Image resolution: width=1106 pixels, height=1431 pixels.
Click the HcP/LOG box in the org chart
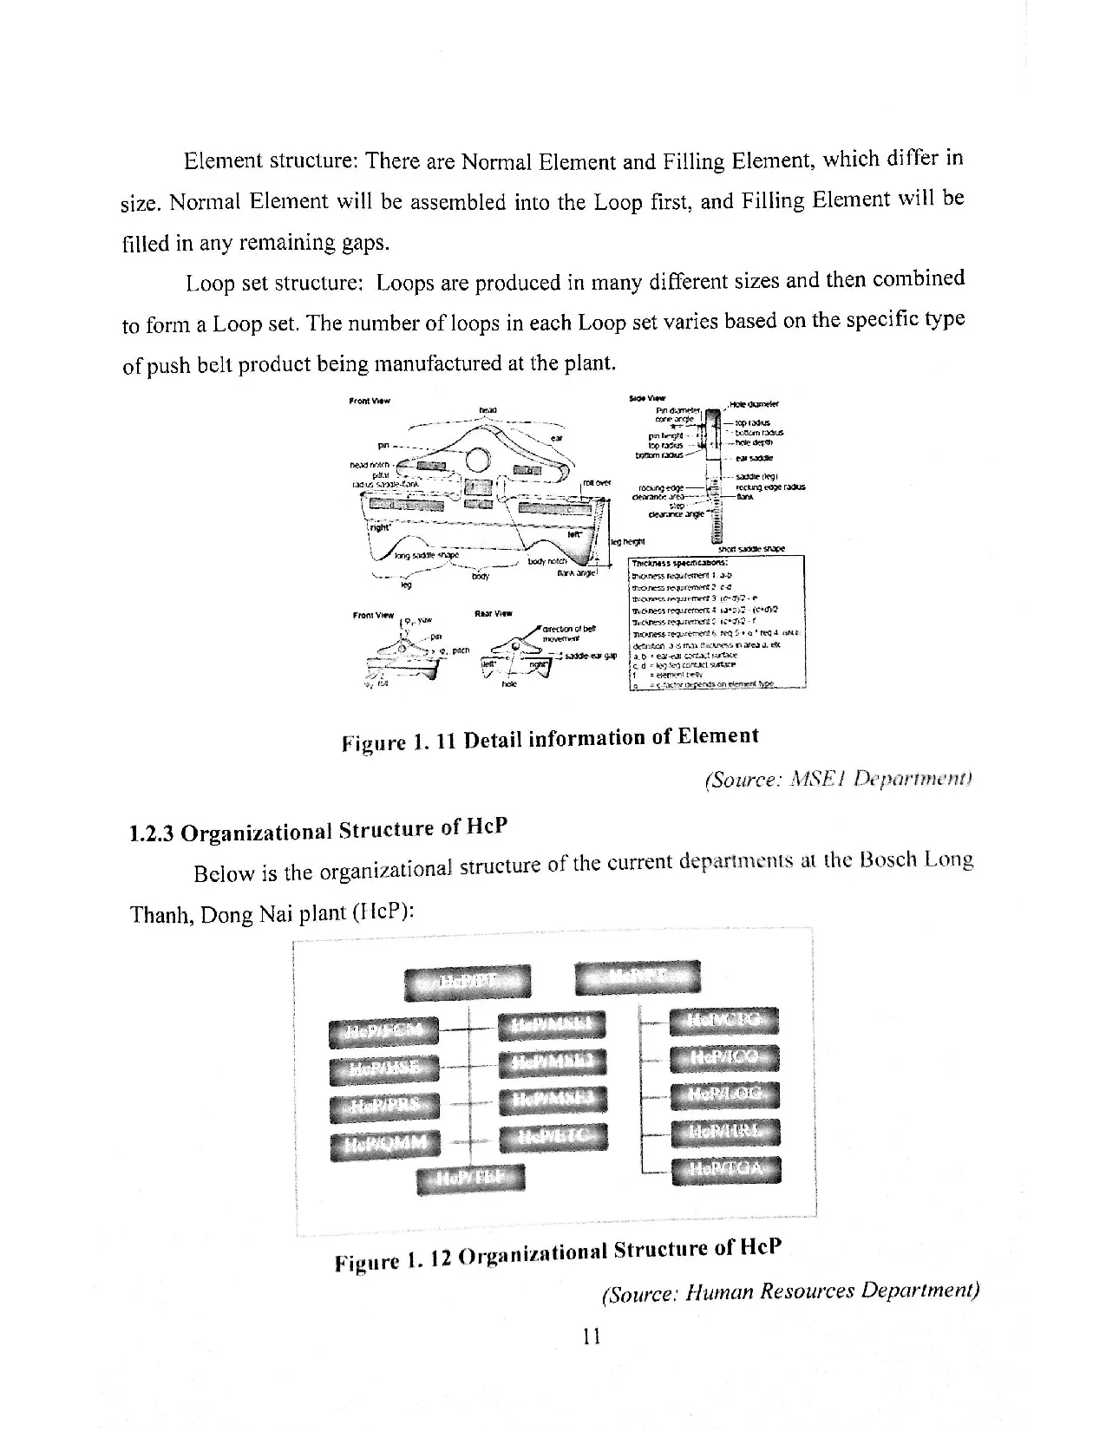click(x=725, y=1095)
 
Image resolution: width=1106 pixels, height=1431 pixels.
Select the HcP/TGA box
click(x=725, y=1171)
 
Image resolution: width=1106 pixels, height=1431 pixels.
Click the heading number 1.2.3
click(x=151, y=833)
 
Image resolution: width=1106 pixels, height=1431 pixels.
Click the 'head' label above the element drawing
click(x=487, y=409)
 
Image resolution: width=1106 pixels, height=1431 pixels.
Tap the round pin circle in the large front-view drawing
click(x=477, y=457)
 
